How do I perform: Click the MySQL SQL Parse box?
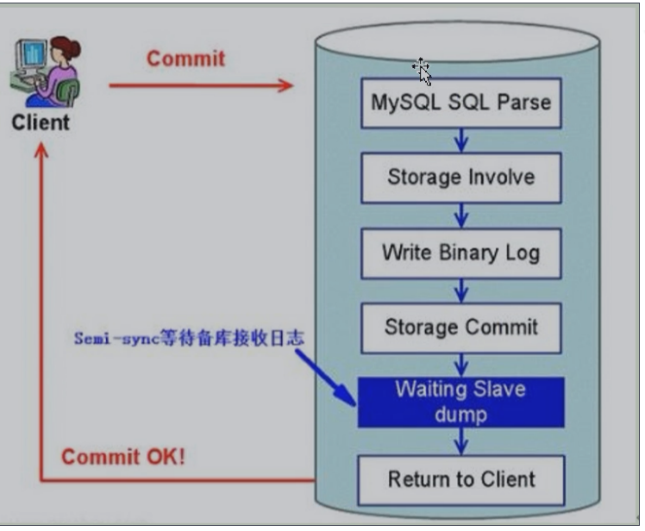click(460, 103)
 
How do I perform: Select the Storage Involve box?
click(460, 178)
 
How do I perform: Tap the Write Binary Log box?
click(460, 253)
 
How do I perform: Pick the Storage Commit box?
click(460, 328)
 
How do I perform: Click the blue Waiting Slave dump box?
click(460, 402)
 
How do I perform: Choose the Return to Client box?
click(460, 479)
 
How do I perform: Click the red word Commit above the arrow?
click(185, 59)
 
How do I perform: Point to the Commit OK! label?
click(123, 457)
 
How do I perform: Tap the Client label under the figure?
click(40, 122)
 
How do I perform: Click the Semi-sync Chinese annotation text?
click(188, 339)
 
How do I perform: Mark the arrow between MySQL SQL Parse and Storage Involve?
click(461, 140)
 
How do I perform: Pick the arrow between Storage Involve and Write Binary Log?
click(461, 216)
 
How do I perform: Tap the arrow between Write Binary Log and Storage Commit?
click(461, 290)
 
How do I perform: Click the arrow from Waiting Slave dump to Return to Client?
click(461, 441)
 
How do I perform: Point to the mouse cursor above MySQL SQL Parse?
click(421, 70)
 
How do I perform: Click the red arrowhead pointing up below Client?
click(41, 151)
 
